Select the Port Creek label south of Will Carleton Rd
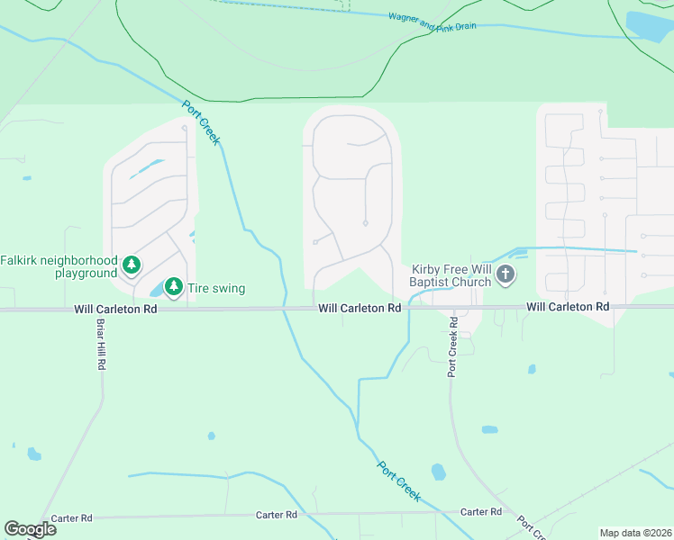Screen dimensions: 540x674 399,481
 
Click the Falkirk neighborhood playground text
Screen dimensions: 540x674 59,266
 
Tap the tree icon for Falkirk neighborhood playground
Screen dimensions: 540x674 132,265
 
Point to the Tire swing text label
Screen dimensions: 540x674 216,289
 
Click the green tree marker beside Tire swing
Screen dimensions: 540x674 174,288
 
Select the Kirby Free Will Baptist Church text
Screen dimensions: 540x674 451,275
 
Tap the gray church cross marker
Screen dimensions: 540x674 505,274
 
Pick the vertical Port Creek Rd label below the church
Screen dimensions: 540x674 454,352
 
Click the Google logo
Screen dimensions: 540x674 30,529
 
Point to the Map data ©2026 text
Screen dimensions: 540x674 634,533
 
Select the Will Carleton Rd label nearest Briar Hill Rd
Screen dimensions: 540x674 115,309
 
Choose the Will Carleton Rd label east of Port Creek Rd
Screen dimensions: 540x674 568,307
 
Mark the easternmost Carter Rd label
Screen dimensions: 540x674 480,512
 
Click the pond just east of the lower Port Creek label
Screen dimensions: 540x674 439,472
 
